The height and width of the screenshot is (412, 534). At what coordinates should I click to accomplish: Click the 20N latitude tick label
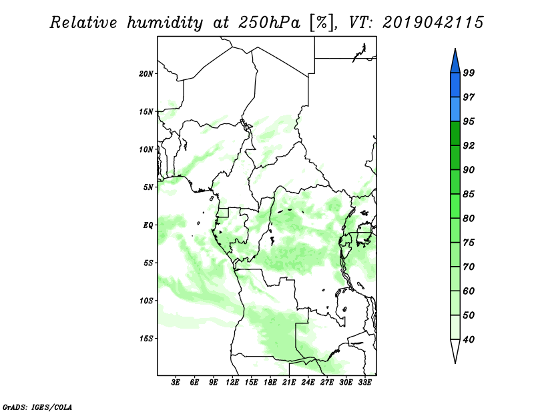click(x=146, y=73)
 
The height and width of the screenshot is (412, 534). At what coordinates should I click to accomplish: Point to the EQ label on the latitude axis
click(x=148, y=225)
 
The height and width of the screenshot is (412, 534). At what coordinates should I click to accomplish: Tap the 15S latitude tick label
click(x=146, y=339)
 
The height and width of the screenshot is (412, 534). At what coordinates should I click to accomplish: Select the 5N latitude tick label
click(x=148, y=187)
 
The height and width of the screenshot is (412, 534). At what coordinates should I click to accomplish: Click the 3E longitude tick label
click(x=176, y=382)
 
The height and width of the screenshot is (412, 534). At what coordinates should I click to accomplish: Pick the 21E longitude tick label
click(x=289, y=382)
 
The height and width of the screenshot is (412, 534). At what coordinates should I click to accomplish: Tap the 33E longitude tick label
click(x=364, y=382)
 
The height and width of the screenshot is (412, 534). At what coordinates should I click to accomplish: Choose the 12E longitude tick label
click(x=232, y=382)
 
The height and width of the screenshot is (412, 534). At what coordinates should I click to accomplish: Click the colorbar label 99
click(x=469, y=73)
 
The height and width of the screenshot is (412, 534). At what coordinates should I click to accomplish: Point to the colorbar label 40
click(x=469, y=339)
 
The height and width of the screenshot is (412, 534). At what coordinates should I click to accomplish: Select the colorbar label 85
click(x=469, y=194)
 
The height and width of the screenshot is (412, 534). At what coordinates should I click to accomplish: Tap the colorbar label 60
click(x=469, y=291)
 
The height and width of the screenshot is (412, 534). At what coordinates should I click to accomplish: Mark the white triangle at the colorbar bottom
click(x=455, y=349)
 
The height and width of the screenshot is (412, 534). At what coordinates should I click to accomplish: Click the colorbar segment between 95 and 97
click(x=455, y=109)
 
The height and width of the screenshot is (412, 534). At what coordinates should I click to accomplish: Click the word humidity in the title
click(x=165, y=23)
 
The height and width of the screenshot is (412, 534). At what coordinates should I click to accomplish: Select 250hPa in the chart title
click(x=269, y=23)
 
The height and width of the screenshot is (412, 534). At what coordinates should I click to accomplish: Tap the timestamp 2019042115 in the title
click(x=433, y=23)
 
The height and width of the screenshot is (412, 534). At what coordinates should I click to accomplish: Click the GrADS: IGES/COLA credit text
click(x=37, y=407)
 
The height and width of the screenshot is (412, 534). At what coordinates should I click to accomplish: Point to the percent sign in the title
click(x=321, y=23)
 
